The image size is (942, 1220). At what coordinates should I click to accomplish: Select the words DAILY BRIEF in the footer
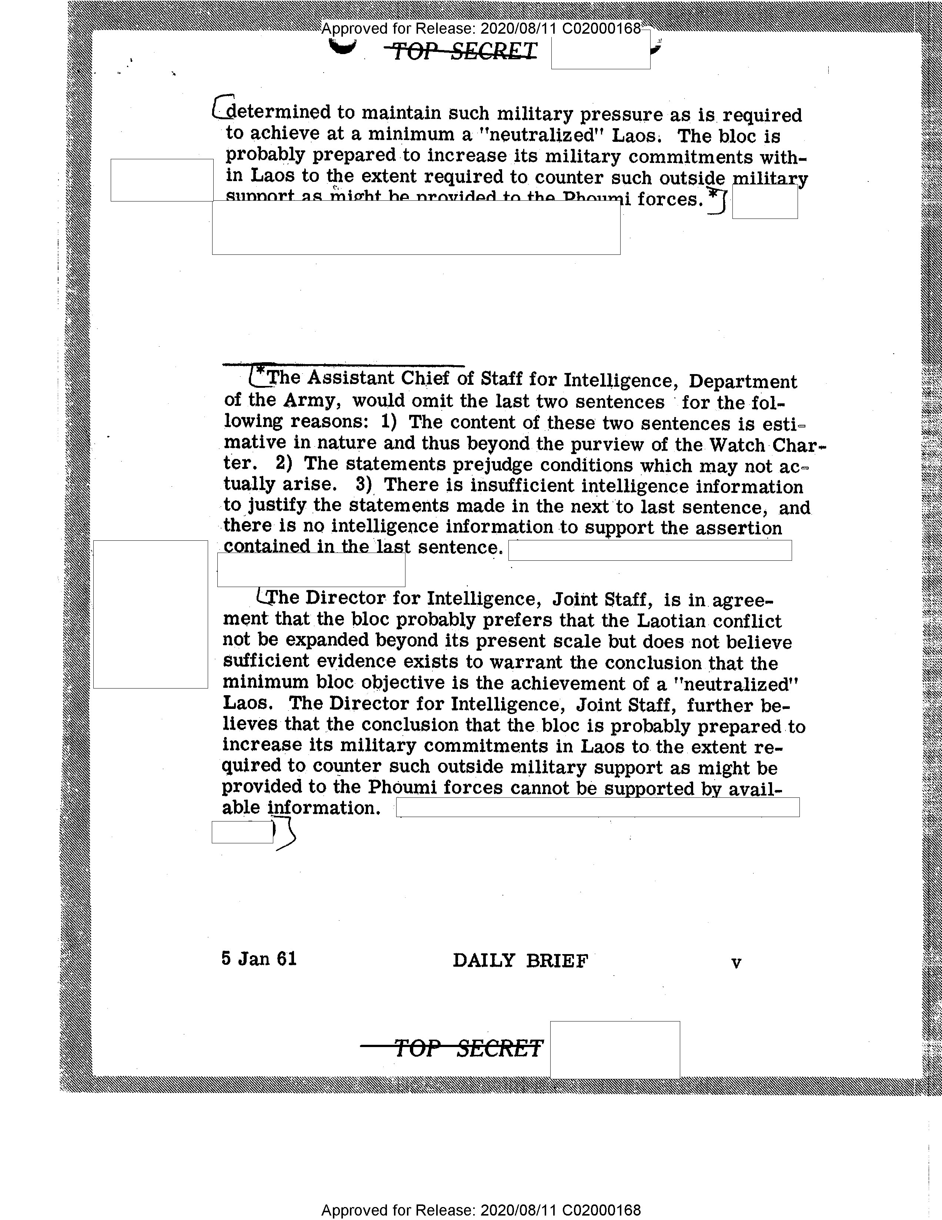pyautogui.click(x=520, y=961)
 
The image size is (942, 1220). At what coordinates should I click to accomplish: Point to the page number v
pyautogui.click(x=736, y=963)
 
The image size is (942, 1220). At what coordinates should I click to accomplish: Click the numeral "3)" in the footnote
pyautogui.click(x=364, y=484)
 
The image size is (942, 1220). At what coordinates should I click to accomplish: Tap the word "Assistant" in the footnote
pyautogui.click(x=350, y=379)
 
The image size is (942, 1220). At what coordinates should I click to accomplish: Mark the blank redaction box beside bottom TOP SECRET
pyautogui.click(x=615, y=1049)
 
